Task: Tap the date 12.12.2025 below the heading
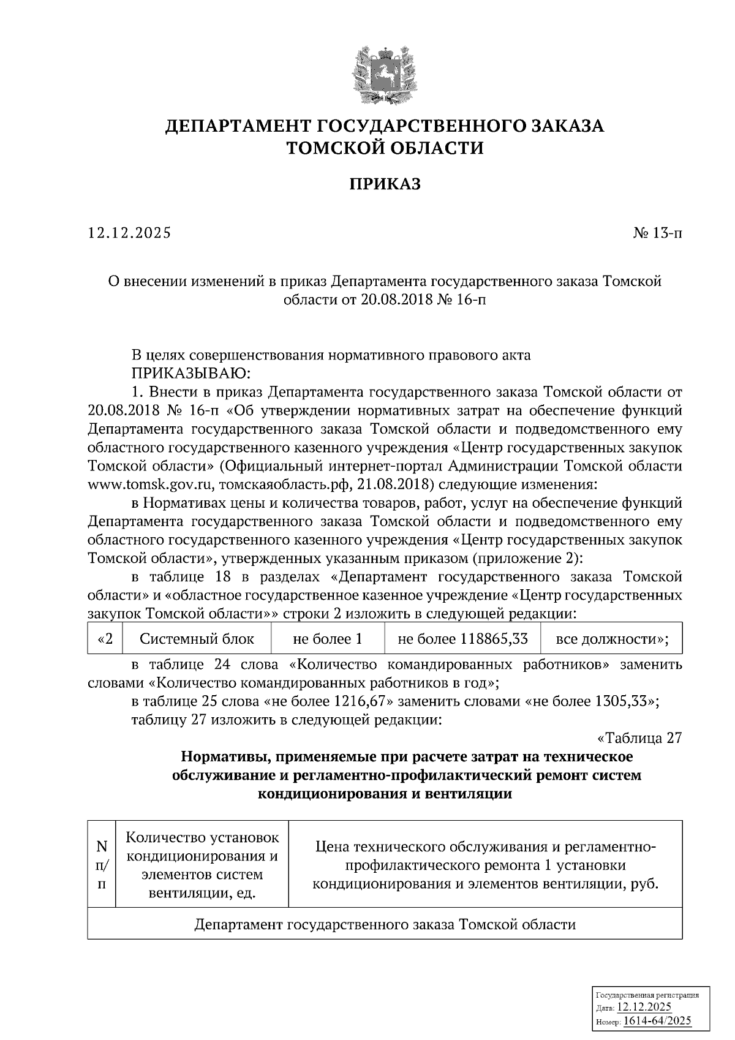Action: click(x=130, y=233)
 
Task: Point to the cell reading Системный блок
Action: click(x=197, y=639)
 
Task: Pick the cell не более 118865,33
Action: click(x=462, y=639)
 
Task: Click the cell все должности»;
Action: click(x=611, y=639)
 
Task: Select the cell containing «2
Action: click(x=105, y=639)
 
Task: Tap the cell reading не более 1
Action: click(x=328, y=639)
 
